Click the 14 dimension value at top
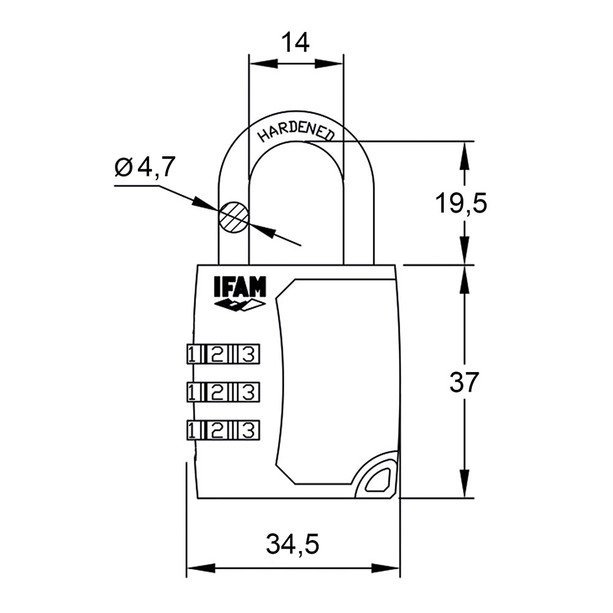(295, 42)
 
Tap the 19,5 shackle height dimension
(461, 203)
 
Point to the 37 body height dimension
(463, 383)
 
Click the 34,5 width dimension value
(293, 544)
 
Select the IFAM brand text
(240, 287)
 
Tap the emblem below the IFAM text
(240, 305)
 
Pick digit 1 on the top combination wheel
(192, 354)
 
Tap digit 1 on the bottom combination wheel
(192, 429)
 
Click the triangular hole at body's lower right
(377, 480)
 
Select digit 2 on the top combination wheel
(217, 354)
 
